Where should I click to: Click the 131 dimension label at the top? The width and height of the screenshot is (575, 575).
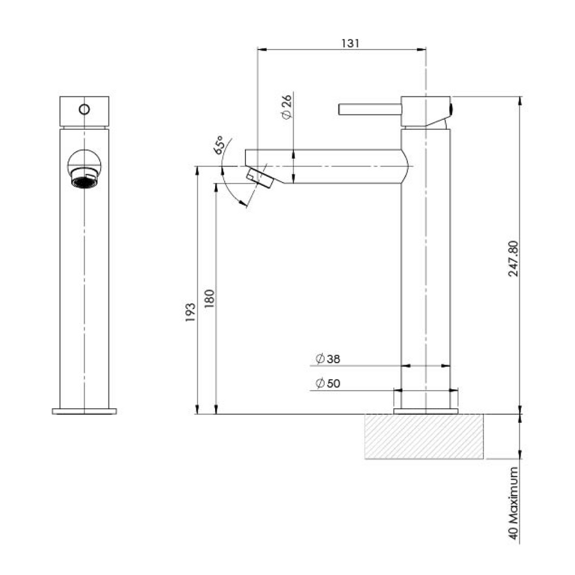[350, 43]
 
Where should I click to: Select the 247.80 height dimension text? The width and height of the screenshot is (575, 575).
[514, 258]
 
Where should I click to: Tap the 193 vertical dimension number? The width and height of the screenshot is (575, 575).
[190, 312]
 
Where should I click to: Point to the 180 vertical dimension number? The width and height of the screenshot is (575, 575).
[209, 299]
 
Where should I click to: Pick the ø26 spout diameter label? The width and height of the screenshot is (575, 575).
[286, 107]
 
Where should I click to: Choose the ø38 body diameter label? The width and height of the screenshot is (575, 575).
[328, 359]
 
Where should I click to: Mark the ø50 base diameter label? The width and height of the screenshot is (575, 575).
[328, 383]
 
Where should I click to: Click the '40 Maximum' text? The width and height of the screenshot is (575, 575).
[514, 503]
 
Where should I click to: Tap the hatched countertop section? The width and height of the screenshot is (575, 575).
[424, 436]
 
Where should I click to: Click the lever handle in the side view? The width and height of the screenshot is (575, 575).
[370, 109]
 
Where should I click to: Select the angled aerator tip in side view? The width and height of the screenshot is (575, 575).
[260, 178]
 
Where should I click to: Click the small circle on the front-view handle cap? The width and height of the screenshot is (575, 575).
[84, 109]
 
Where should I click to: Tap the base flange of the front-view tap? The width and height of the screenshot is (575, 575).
[84, 411]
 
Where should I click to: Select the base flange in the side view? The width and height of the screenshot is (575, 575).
[426, 411]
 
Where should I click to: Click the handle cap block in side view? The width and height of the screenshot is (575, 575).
[426, 112]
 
